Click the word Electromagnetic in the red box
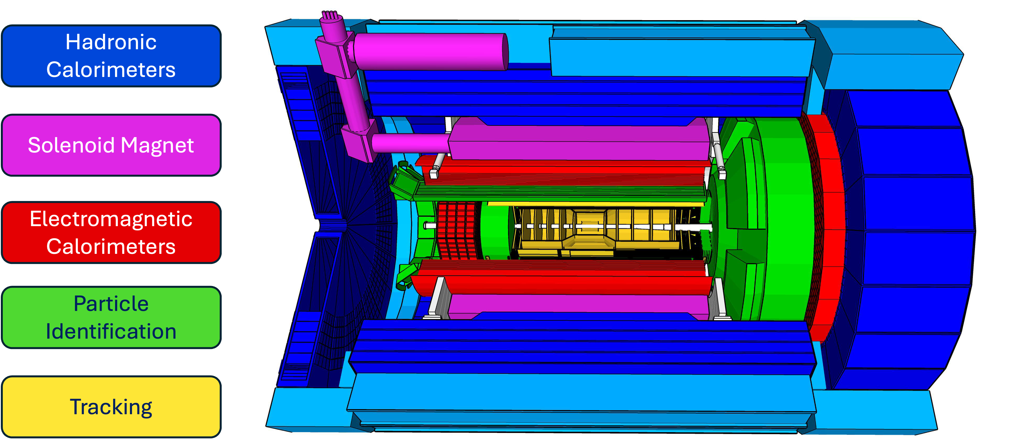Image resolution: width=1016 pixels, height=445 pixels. (111, 219)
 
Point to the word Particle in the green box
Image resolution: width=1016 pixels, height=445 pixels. (111, 304)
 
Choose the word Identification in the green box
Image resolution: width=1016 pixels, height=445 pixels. (111, 331)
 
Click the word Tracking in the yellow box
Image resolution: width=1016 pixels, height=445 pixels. (111, 407)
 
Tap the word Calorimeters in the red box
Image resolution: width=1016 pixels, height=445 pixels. (111, 247)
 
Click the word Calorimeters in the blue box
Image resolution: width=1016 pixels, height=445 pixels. (111, 70)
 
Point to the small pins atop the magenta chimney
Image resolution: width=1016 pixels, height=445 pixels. (330, 15)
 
